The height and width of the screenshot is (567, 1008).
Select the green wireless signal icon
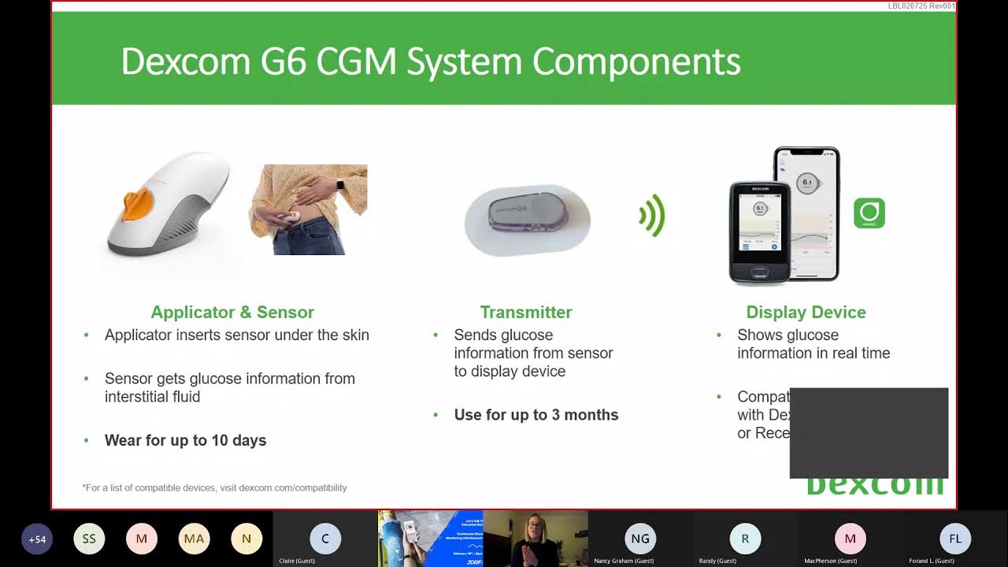(652, 215)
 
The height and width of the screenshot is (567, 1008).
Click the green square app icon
(869, 213)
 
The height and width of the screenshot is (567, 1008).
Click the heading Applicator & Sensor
(232, 313)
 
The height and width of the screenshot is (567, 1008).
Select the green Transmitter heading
(526, 313)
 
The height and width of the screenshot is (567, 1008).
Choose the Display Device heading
(806, 313)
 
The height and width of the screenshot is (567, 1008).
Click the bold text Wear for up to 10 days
(185, 440)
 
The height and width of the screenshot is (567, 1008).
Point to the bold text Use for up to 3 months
(535, 415)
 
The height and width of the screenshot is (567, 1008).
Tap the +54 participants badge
(37, 539)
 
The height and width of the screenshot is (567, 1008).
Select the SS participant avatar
(89, 539)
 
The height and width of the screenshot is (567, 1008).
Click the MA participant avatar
(194, 539)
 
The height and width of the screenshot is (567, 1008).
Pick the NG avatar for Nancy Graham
(640, 539)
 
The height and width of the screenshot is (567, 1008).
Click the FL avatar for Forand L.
(955, 539)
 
